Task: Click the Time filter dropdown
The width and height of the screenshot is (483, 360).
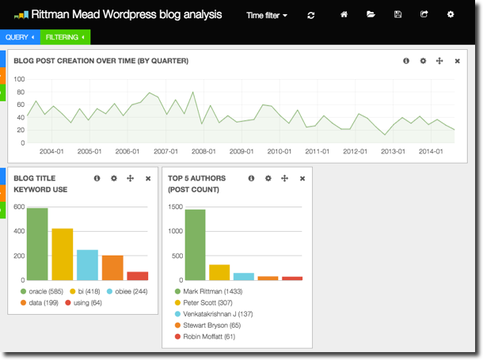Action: (x=266, y=15)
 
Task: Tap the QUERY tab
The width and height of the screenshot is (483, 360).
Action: (x=19, y=37)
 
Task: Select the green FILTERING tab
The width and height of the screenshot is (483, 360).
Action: (x=65, y=37)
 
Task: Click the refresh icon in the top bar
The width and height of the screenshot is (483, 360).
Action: (x=311, y=15)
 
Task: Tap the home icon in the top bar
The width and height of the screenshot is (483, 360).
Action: (x=344, y=14)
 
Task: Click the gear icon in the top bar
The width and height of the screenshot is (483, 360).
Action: (x=451, y=14)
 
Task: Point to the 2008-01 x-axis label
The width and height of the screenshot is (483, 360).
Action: (x=203, y=151)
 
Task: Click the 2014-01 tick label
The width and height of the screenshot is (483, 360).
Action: (x=431, y=151)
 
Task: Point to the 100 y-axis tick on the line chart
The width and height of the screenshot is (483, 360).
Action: (x=19, y=79)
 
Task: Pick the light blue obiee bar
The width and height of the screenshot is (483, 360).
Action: (x=87, y=265)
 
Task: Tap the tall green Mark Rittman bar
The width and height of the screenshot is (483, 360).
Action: (x=196, y=244)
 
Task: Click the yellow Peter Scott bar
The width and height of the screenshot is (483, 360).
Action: (x=219, y=272)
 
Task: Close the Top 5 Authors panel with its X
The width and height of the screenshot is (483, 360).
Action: (x=302, y=179)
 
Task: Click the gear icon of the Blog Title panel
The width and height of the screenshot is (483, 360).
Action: (x=114, y=179)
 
